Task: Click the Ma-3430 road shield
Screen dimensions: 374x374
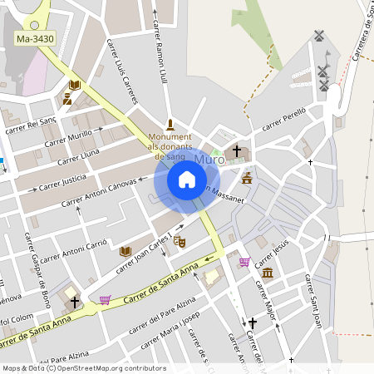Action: pyautogui.click(x=35, y=39)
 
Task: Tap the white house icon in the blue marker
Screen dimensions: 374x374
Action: pyautogui.click(x=187, y=179)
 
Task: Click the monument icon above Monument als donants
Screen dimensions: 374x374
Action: pyautogui.click(x=170, y=123)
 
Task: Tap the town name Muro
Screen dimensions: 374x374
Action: pyautogui.click(x=209, y=158)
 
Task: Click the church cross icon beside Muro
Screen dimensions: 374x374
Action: pyautogui.click(x=237, y=151)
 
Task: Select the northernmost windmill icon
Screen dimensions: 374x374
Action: pyautogui.click(x=317, y=37)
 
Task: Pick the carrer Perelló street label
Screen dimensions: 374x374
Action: pyautogui.click(x=285, y=118)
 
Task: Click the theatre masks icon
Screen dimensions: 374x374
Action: pyautogui.click(x=180, y=241)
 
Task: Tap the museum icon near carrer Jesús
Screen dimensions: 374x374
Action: pyautogui.click(x=267, y=273)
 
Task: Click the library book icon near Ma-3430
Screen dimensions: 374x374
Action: pyautogui.click(x=74, y=85)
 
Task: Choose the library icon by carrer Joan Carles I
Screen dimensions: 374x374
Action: pyautogui.click(x=125, y=251)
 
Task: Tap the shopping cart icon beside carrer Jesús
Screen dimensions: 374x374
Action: pyautogui.click(x=244, y=262)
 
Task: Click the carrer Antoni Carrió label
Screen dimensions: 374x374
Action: pyautogui.click(x=74, y=250)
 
